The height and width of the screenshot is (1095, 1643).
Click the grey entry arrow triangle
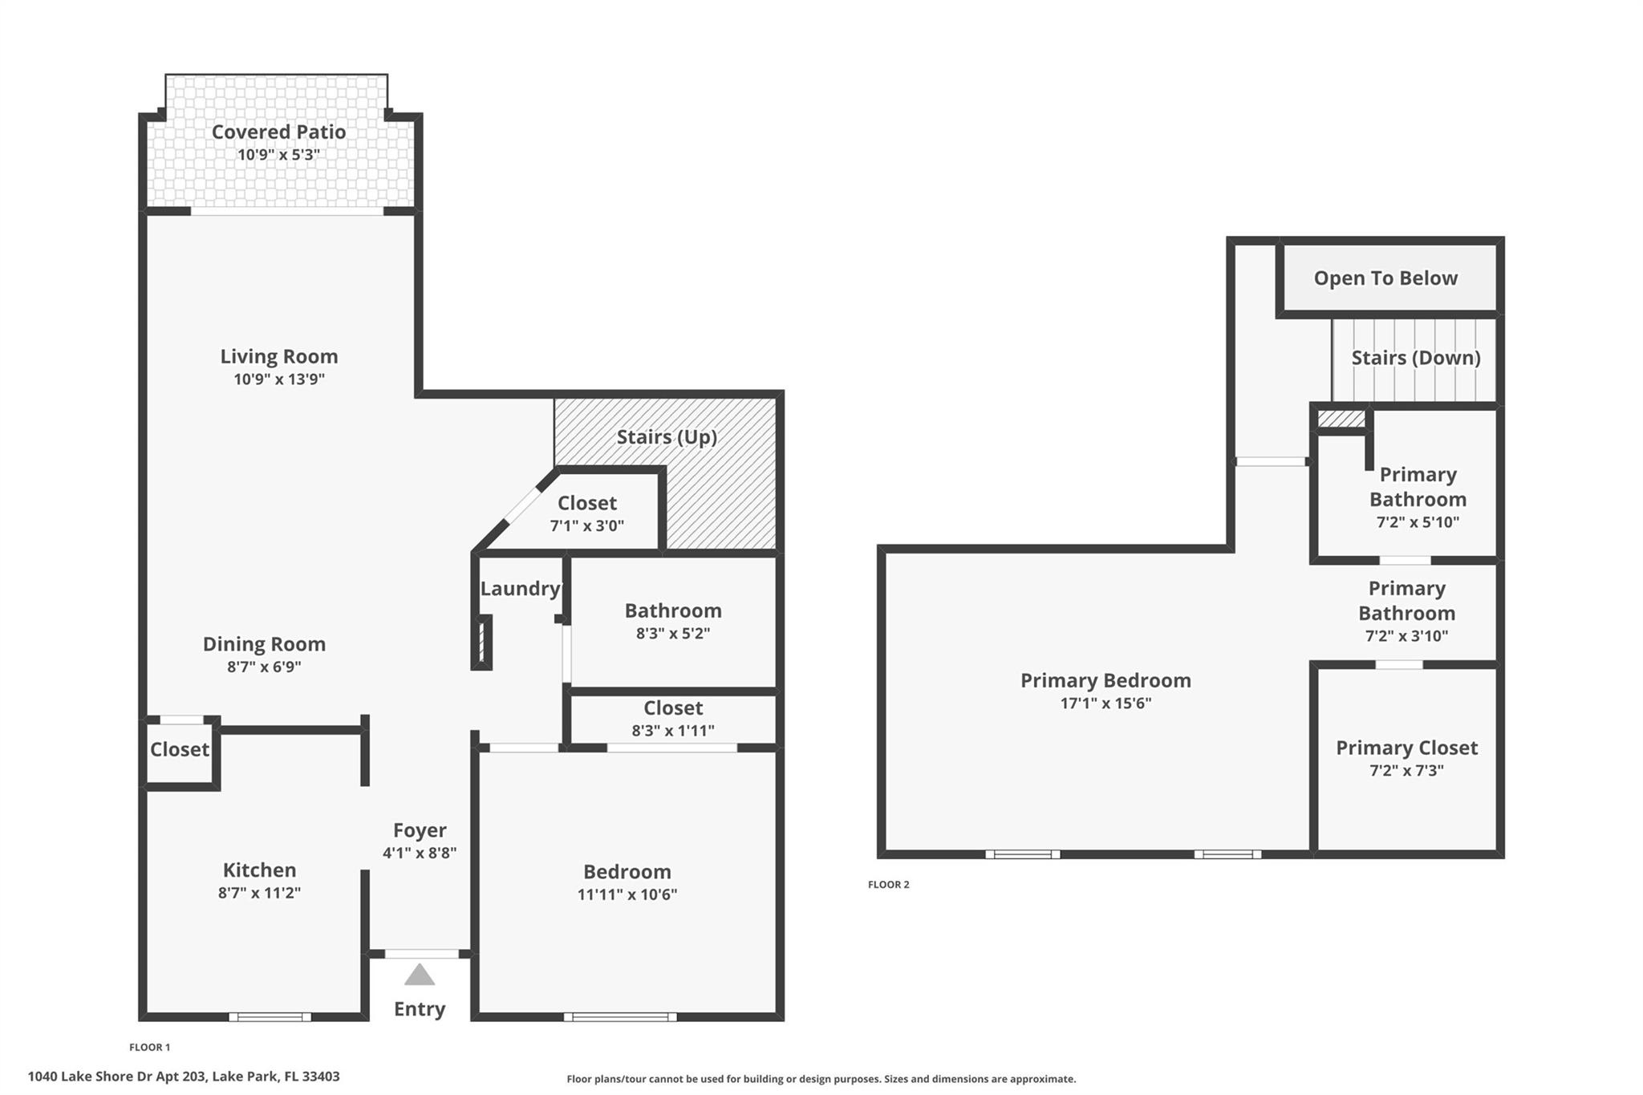coord(419,975)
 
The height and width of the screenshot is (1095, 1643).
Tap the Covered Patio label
coord(278,132)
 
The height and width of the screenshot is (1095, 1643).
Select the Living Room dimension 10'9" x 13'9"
coord(278,379)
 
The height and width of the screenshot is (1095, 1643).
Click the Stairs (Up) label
coord(666,437)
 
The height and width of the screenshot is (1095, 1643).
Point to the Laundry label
coord(519,589)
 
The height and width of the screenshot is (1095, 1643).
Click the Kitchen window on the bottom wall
coord(270,1016)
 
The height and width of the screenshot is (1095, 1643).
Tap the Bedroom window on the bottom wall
coord(619,1016)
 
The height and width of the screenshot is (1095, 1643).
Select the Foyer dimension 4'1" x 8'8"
coord(419,854)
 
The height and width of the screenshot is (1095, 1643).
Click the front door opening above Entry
coord(421,954)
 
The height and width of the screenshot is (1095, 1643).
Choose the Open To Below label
coord(1385,278)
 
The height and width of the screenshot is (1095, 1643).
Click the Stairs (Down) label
coord(1415,358)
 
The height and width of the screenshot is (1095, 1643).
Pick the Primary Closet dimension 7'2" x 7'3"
coord(1406,771)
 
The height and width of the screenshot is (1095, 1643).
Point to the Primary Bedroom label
coord(1105,680)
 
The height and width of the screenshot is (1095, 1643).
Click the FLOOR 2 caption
coord(888,885)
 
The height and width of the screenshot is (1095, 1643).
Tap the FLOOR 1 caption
coord(149,1047)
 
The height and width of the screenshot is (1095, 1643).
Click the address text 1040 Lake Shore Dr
coord(183,1077)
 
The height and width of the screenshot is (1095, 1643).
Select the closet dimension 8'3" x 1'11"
coord(672,731)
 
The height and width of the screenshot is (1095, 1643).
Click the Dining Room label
coord(263,644)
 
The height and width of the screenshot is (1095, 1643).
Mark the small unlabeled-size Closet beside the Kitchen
coord(179,749)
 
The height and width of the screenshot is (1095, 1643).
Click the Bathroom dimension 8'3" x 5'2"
coord(672,634)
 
